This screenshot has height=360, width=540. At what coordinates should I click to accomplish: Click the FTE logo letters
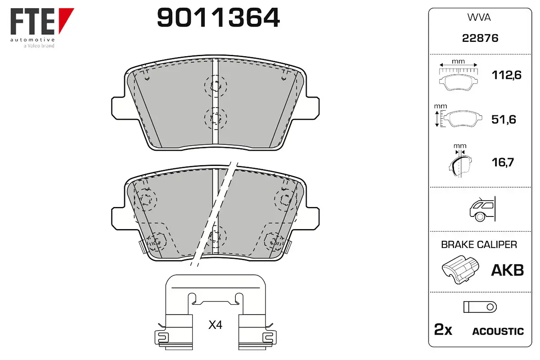[32, 21]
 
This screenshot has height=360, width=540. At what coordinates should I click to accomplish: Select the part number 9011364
[218, 18]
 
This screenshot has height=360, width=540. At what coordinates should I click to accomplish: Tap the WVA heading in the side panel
[479, 18]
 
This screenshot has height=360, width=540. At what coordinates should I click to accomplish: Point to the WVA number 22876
[480, 38]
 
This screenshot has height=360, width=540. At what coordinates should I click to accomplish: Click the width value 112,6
[507, 75]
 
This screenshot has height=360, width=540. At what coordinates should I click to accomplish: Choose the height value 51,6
[504, 119]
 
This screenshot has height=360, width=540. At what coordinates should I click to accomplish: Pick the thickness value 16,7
[503, 162]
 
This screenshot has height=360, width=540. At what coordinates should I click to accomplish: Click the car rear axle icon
[482, 209]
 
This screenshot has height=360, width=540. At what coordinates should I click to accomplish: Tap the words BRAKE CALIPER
[479, 244]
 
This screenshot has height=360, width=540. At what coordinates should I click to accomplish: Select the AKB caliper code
[508, 270]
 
